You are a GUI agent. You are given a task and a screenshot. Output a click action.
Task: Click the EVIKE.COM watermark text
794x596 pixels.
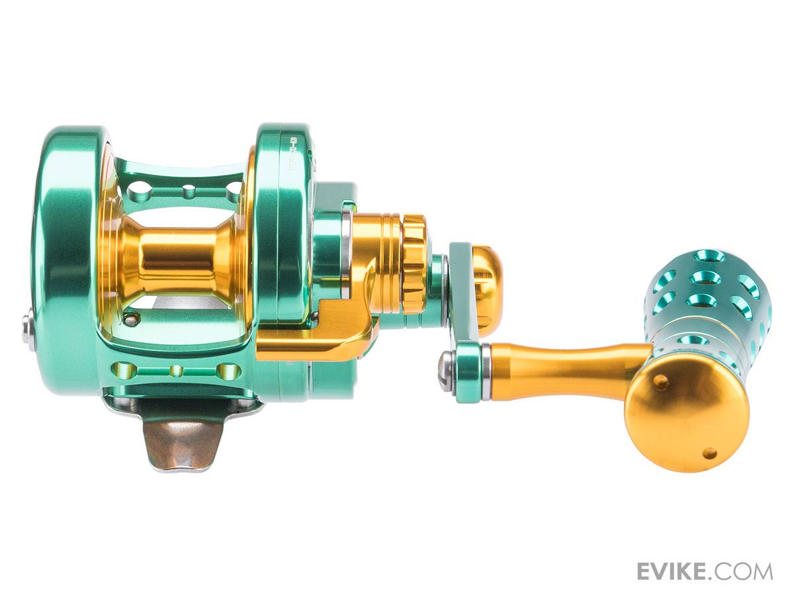[704, 552]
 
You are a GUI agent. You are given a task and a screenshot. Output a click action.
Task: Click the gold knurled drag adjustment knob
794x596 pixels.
[416, 264]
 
